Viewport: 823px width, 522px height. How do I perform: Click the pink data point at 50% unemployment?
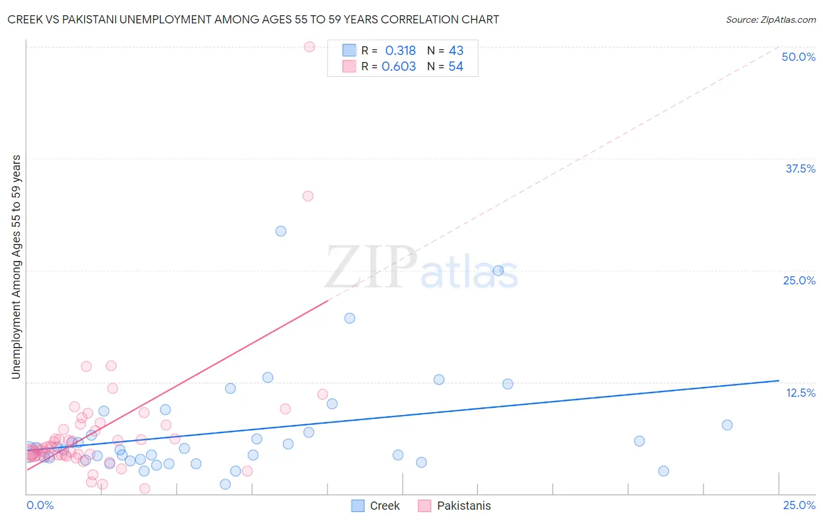(x=310, y=47)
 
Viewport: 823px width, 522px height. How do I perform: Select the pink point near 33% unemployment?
(x=308, y=196)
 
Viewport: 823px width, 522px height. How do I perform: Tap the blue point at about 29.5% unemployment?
(x=281, y=231)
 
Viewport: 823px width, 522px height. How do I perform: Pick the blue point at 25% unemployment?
(x=498, y=270)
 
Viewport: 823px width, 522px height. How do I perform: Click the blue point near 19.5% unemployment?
(x=349, y=318)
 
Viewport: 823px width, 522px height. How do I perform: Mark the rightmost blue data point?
(x=727, y=425)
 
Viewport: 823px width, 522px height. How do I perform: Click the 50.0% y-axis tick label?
(x=798, y=57)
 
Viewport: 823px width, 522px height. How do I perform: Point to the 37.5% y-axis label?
(x=800, y=169)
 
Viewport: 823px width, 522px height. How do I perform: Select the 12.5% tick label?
(x=800, y=393)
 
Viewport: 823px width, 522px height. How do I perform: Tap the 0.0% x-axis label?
(x=40, y=505)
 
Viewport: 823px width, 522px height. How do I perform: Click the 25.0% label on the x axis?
(x=799, y=505)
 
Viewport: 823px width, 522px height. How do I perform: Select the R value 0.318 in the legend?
(x=400, y=51)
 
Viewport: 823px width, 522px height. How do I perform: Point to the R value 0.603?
(x=399, y=67)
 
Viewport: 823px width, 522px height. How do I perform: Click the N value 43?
(x=456, y=51)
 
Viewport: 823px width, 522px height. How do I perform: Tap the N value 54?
(x=456, y=67)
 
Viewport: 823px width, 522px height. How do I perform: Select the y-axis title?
(x=16, y=267)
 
